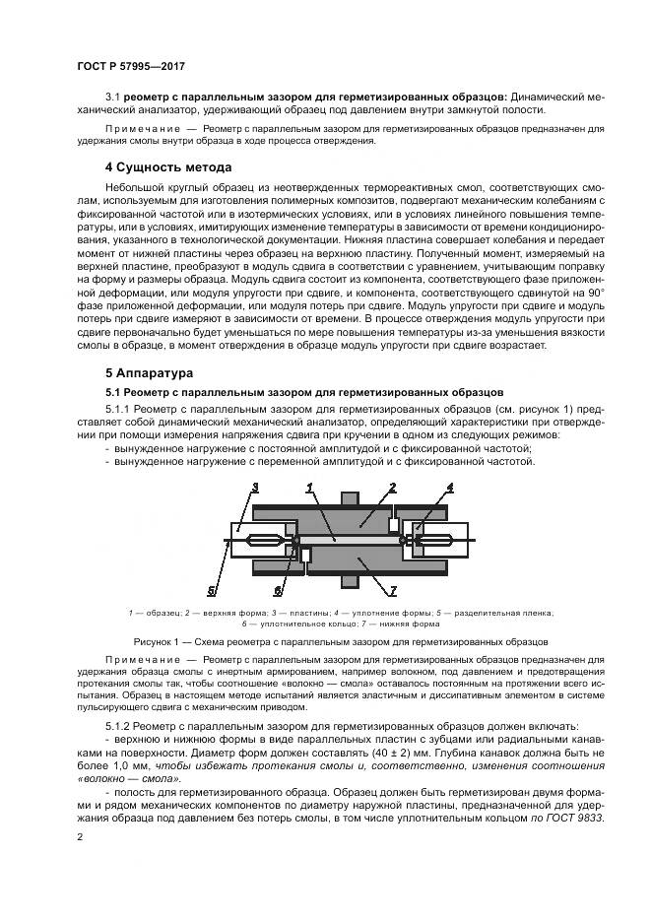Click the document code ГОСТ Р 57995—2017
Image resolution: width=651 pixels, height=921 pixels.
[130, 66]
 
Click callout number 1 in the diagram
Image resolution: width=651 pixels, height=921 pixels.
[310, 487]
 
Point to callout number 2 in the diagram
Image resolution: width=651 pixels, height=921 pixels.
[391, 487]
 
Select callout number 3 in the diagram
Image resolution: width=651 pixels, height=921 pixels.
[254, 487]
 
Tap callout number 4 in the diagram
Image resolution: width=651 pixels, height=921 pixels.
[449, 487]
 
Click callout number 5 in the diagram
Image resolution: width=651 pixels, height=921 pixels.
[212, 591]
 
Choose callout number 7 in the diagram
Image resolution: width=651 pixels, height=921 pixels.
[392, 591]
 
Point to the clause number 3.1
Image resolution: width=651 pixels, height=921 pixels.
[113, 98]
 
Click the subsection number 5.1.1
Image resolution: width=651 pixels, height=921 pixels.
[119, 409]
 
